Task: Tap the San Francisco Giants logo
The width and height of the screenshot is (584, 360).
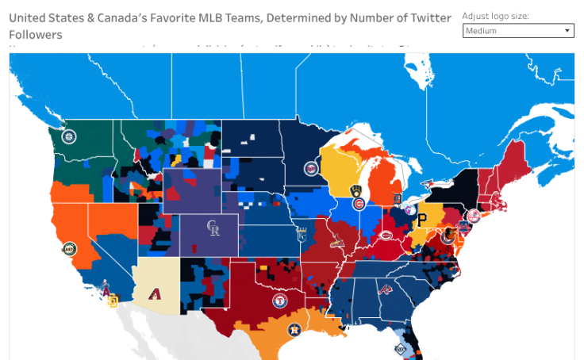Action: coord(68,249)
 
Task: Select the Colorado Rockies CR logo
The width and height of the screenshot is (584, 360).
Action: coord(213,228)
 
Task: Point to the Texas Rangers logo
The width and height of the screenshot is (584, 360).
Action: coord(279,301)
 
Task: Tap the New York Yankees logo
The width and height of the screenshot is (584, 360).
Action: coord(474,215)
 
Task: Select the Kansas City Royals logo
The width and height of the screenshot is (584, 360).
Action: coord(302,235)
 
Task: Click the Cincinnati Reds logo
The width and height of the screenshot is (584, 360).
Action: coord(386,236)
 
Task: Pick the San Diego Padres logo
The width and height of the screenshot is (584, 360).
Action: coord(113,301)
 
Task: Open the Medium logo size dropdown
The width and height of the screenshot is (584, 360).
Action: coord(518,30)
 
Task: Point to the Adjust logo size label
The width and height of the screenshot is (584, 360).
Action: coord(495,16)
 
